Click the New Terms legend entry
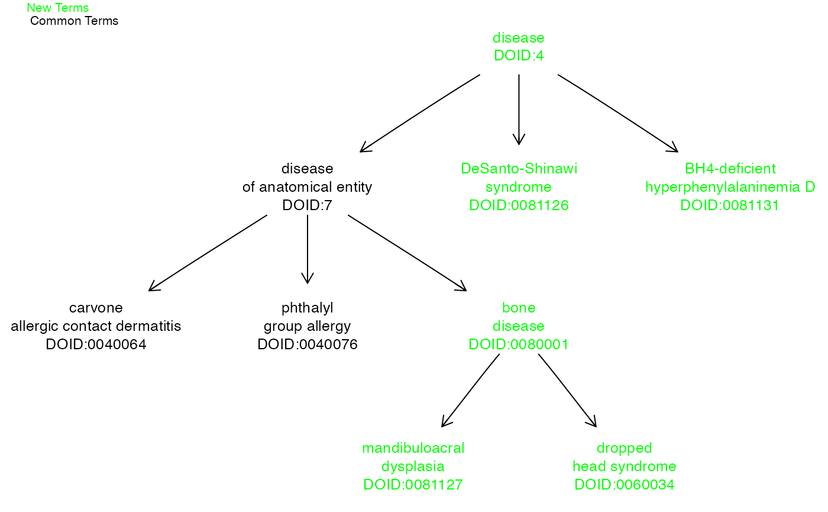pos(58,8)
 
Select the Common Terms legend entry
pos(74,21)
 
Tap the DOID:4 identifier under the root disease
pos(519,56)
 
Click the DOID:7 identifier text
pos(307,205)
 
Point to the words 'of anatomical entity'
pos(307,187)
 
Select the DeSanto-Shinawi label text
pos(519,169)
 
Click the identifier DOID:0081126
pos(519,205)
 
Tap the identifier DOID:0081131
pos(730,205)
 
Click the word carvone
pos(96,308)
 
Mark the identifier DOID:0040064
pos(96,344)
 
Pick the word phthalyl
pos(307,308)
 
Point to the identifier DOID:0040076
pos(308,344)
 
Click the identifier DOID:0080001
pos(519,344)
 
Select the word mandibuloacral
pos(413,448)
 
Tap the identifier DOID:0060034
pos(625,484)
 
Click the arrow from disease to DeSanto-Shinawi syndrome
pos(519,110)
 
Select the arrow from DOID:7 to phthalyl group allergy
pos(307,249)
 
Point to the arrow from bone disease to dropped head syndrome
pos(567,390)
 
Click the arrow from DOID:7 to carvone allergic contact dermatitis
pos(208,253)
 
